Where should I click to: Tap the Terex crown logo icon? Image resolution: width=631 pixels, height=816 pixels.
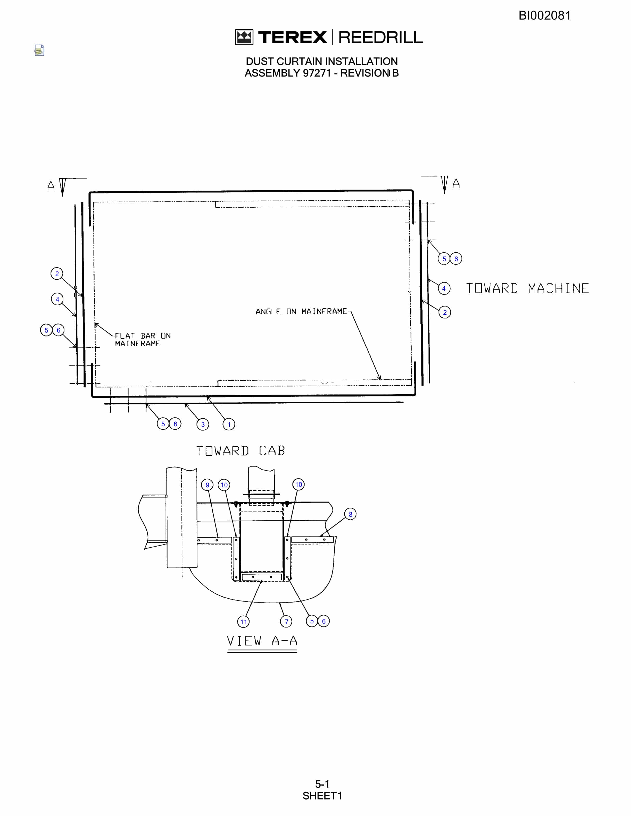pyautogui.click(x=244, y=37)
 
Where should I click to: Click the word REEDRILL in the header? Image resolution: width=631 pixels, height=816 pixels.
pyautogui.click(x=380, y=37)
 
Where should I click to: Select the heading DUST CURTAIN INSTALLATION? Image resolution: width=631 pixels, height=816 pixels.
pyautogui.click(x=322, y=61)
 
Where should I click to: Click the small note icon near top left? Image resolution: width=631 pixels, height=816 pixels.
pyautogui.click(x=39, y=50)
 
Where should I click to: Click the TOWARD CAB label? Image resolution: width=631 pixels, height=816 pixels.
pyautogui.click(x=241, y=451)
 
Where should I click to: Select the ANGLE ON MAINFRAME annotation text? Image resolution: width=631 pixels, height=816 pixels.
pyautogui.click(x=301, y=311)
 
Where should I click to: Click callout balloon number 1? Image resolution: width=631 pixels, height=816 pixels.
pyautogui.click(x=229, y=424)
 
